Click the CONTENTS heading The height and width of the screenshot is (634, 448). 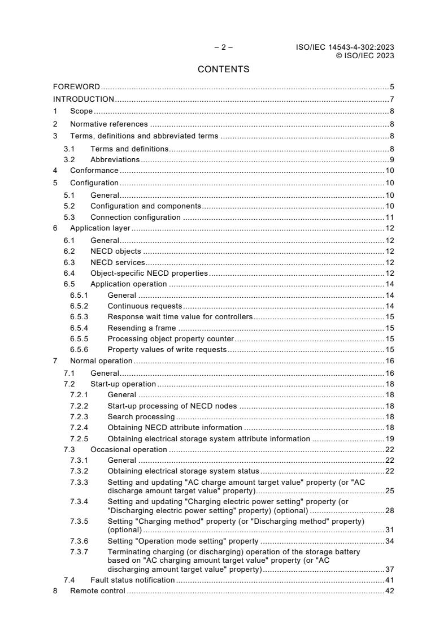click(x=223, y=70)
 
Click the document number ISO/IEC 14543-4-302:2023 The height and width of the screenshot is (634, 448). click(x=345, y=47)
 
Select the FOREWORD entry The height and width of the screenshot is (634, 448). click(x=76, y=87)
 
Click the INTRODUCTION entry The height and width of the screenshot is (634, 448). click(x=84, y=99)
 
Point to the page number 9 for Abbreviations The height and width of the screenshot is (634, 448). click(x=392, y=159)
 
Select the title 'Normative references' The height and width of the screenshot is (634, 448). click(x=108, y=124)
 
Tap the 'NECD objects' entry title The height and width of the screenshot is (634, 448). click(x=116, y=251)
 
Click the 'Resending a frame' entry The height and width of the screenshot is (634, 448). click(x=141, y=328)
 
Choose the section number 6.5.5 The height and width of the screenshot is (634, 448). click(x=79, y=338)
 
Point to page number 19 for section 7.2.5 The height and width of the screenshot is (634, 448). click(x=389, y=438)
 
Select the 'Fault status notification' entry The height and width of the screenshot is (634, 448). click(x=132, y=580)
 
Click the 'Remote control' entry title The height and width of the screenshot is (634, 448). click(x=97, y=591)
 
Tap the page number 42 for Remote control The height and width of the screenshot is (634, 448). click(x=389, y=591)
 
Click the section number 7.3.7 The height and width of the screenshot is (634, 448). click(x=79, y=551)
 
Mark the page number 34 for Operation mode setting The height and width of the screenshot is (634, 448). click(x=389, y=541)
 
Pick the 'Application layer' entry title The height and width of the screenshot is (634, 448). click(x=100, y=228)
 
